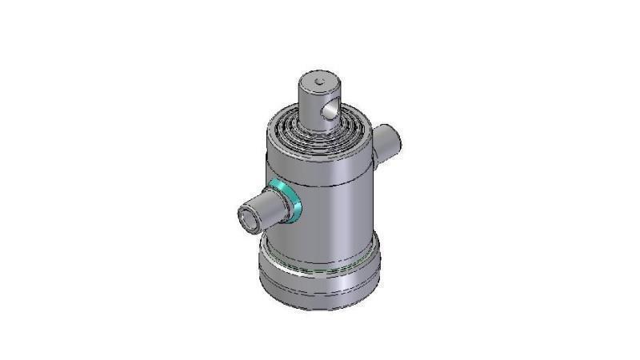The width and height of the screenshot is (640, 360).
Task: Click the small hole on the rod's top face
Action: tap(319, 81)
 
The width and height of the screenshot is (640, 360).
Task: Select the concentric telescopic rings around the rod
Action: tap(300, 128)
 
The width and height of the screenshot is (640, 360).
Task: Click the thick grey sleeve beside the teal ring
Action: tap(270, 207)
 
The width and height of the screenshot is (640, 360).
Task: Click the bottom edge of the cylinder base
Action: tap(320, 309)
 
